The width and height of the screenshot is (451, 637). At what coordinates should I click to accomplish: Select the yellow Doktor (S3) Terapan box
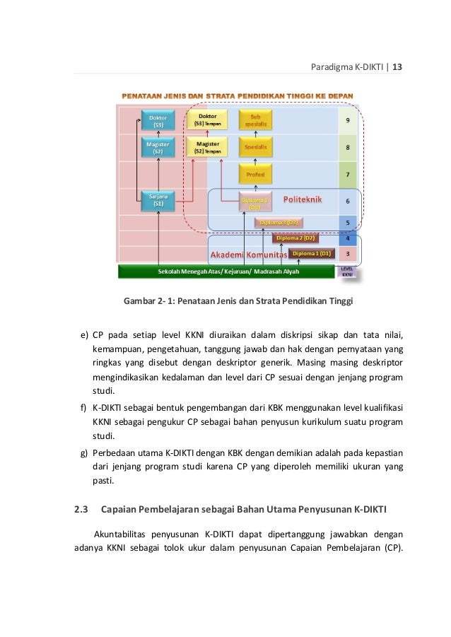(x=208, y=120)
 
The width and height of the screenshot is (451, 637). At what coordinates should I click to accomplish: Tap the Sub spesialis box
(x=255, y=120)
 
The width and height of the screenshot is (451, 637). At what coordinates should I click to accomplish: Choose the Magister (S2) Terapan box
(x=208, y=147)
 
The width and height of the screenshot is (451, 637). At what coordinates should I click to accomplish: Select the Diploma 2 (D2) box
(x=295, y=238)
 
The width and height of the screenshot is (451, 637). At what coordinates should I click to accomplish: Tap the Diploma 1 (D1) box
(x=311, y=253)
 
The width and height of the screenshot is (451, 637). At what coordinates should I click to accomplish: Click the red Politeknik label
(x=303, y=200)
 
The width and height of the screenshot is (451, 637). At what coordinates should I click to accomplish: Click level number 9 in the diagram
(x=347, y=120)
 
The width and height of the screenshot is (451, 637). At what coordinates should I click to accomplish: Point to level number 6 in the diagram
(x=347, y=201)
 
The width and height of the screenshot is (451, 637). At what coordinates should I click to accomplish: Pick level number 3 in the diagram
(x=347, y=253)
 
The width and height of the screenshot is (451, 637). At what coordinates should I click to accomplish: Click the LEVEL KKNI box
(x=347, y=271)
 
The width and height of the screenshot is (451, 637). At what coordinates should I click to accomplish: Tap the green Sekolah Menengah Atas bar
(x=226, y=271)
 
